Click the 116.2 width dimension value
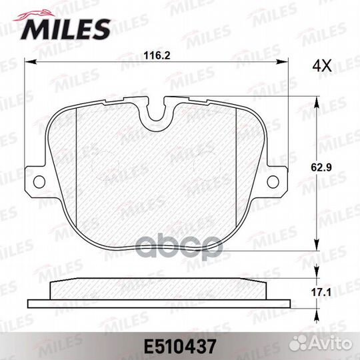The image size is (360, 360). click(157, 56)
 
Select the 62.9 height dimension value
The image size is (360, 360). click(321, 167)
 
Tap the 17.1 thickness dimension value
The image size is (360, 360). click(321, 293)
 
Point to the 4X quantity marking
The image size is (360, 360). click(322, 65)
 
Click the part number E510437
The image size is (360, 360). click(180, 347)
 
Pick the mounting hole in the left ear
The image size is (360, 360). click(39, 182)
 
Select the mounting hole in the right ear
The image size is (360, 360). click(273, 181)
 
